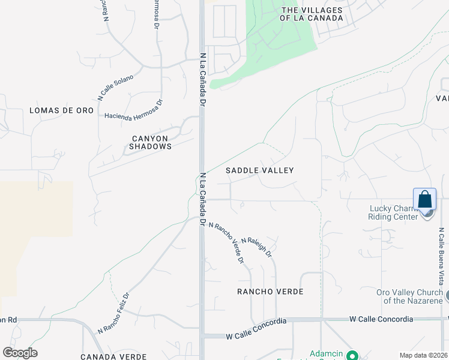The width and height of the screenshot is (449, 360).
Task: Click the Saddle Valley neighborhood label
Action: [260, 170]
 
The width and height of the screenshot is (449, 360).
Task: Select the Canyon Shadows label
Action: [152, 142]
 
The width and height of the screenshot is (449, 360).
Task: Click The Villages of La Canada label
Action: [312, 14]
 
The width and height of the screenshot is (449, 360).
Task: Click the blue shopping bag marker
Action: [424, 200]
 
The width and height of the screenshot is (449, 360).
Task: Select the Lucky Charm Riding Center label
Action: [393, 213]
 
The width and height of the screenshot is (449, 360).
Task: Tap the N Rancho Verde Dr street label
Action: [226, 242]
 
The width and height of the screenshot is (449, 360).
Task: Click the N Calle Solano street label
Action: [116, 87]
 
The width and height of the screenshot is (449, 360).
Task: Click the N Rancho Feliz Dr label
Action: [113, 313]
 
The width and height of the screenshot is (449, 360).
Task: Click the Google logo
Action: [20, 353]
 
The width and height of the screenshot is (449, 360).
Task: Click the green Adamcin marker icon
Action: [352, 355]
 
